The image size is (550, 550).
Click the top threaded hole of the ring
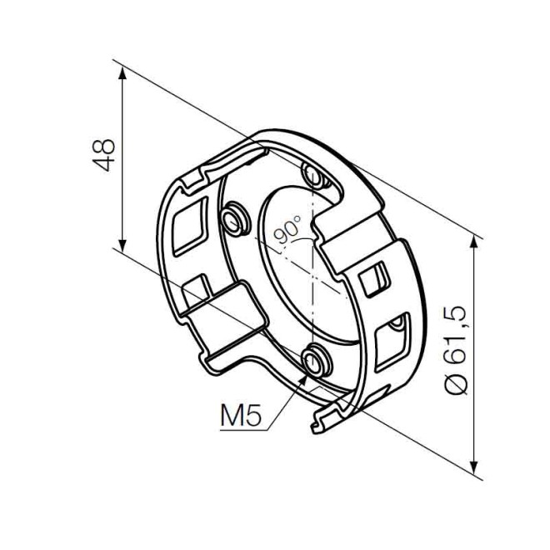click(x=314, y=176)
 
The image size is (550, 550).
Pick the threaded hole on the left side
click(x=232, y=218)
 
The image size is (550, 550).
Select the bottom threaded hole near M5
click(x=315, y=361)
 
